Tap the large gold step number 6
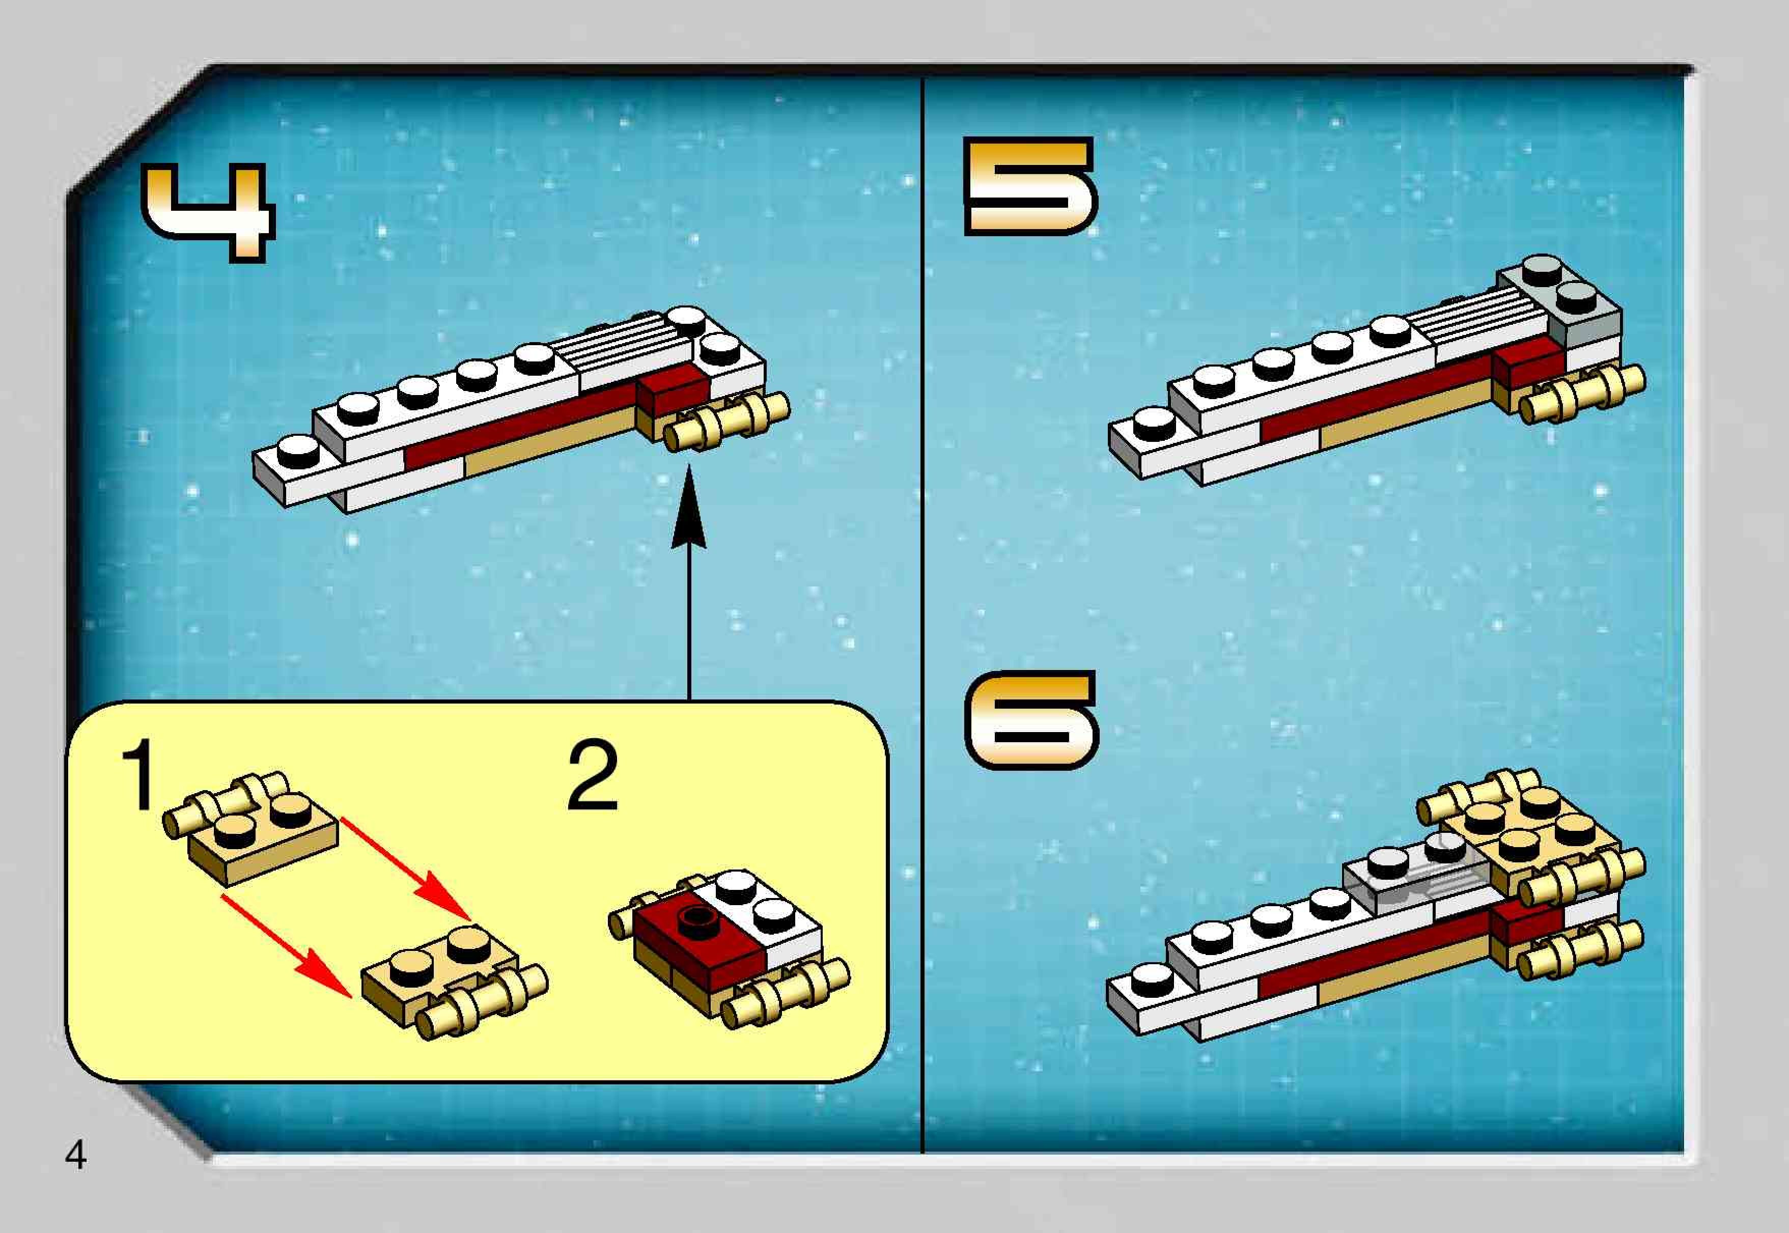click(x=1031, y=719)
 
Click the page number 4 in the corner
click(x=76, y=1157)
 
